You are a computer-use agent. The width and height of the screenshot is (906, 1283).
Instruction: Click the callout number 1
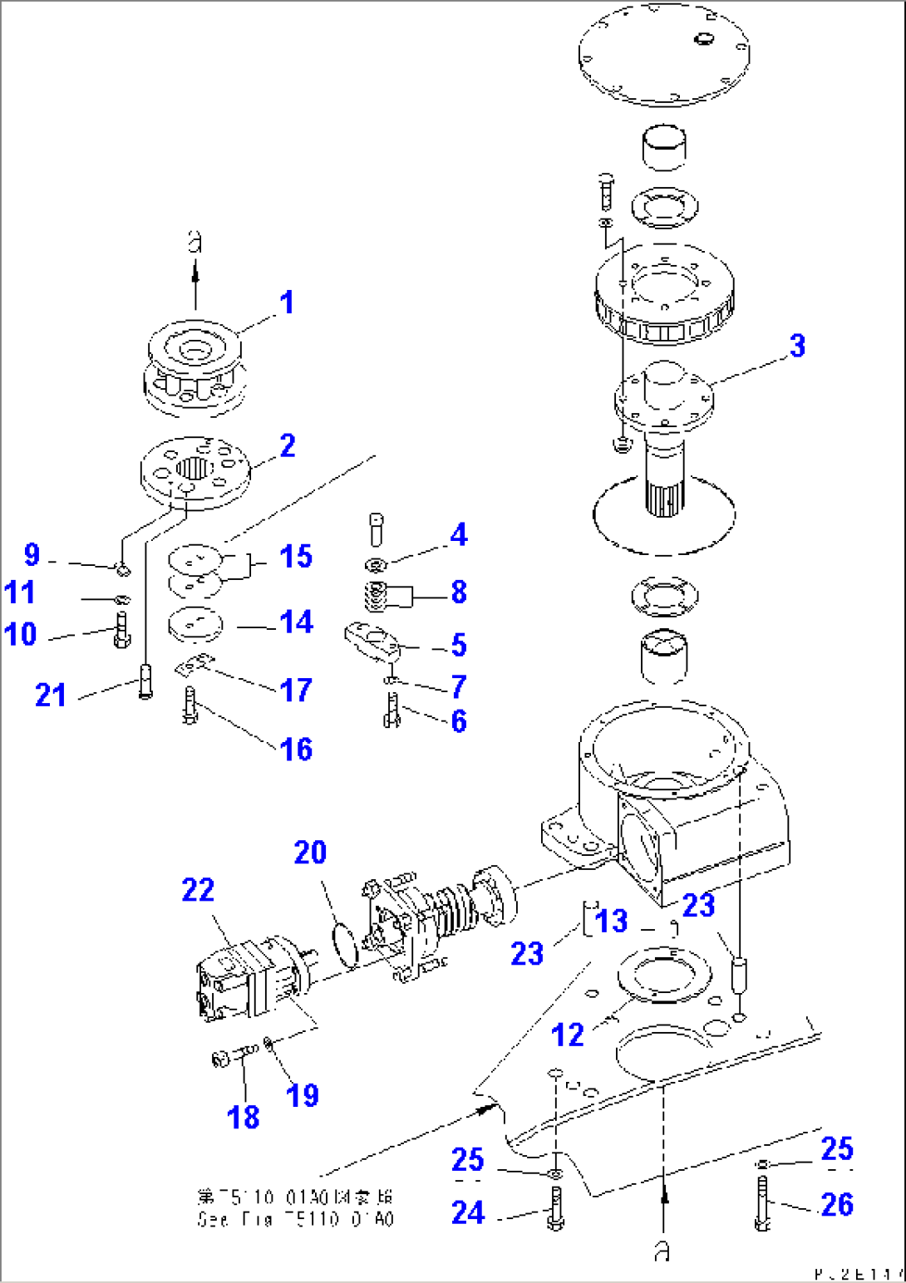[287, 302]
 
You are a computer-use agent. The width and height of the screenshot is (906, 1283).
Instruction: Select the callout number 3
[797, 346]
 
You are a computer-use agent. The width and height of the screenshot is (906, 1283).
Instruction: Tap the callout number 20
[310, 853]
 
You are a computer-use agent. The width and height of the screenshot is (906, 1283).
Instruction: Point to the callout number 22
[198, 890]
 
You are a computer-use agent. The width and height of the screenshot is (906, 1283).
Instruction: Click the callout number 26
[836, 1204]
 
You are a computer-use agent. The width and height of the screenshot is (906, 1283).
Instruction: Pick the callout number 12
[568, 1035]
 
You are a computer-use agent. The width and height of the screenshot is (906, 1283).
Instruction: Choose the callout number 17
[296, 690]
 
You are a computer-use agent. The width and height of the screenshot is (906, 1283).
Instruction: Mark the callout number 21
[51, 695]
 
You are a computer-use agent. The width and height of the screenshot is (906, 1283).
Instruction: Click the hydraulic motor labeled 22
[241, 981]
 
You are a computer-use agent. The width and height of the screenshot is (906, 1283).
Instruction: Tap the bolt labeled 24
[555, 1210]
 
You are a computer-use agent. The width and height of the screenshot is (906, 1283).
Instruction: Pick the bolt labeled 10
[121, 632]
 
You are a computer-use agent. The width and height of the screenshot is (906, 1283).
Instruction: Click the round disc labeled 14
[195, 623]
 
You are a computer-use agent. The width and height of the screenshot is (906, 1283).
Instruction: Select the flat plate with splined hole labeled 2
[194, 471]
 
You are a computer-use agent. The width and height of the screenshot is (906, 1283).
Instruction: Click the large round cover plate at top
[663, 54]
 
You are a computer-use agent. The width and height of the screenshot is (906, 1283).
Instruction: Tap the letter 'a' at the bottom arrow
[662, 1251]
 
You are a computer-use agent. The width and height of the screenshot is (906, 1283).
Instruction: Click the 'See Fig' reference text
[295, 1219]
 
